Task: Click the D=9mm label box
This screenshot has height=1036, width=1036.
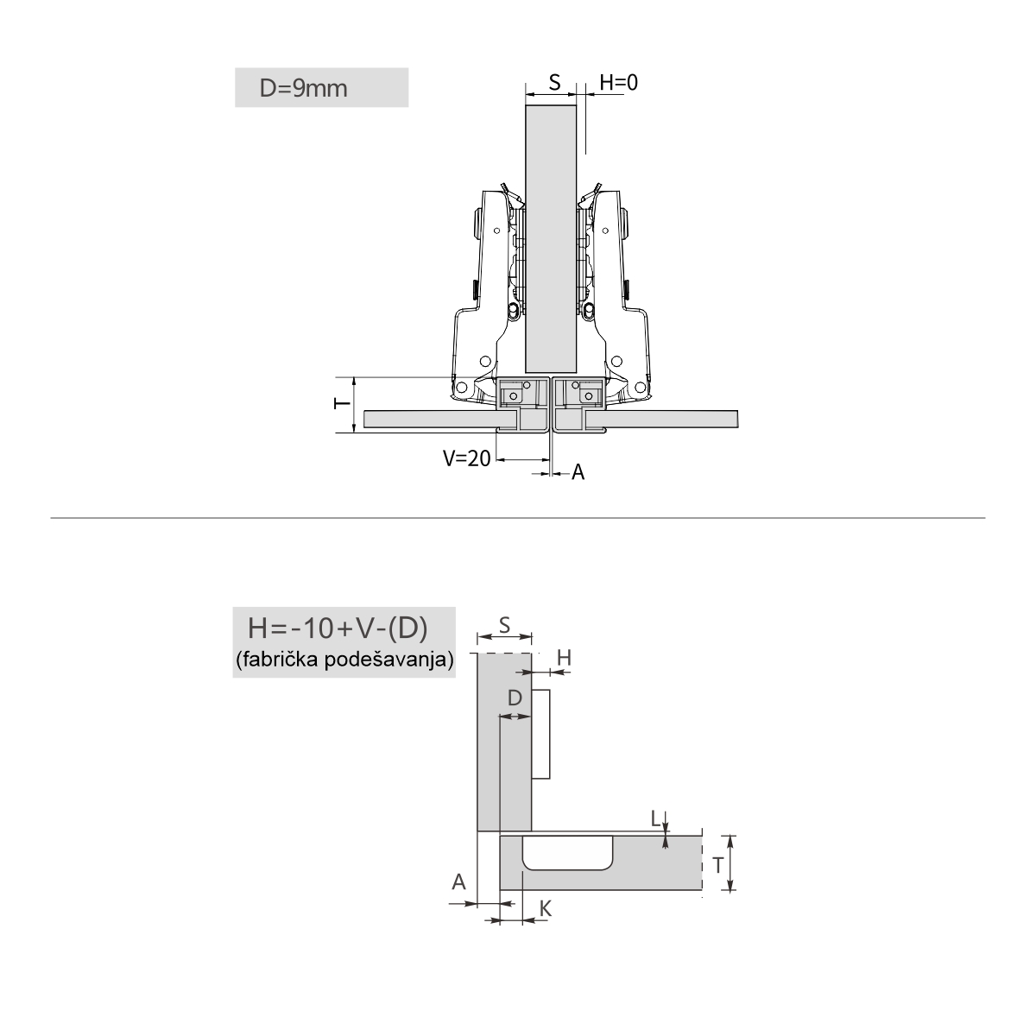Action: point(321,88)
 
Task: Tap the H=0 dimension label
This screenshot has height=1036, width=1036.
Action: point(618,83)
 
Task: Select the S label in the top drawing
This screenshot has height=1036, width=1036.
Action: point(554,83)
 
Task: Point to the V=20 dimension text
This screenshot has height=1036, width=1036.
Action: point(467,458)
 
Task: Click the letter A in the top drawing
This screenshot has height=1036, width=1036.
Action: point(578,472)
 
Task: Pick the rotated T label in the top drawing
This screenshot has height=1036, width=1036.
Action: point(342,403)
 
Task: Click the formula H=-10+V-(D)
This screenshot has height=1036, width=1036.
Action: point(338,628)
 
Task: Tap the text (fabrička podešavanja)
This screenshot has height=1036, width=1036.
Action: point(344,659)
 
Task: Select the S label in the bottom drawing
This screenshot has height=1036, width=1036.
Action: point(504,625)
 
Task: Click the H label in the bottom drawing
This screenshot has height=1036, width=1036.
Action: point(564,658)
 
